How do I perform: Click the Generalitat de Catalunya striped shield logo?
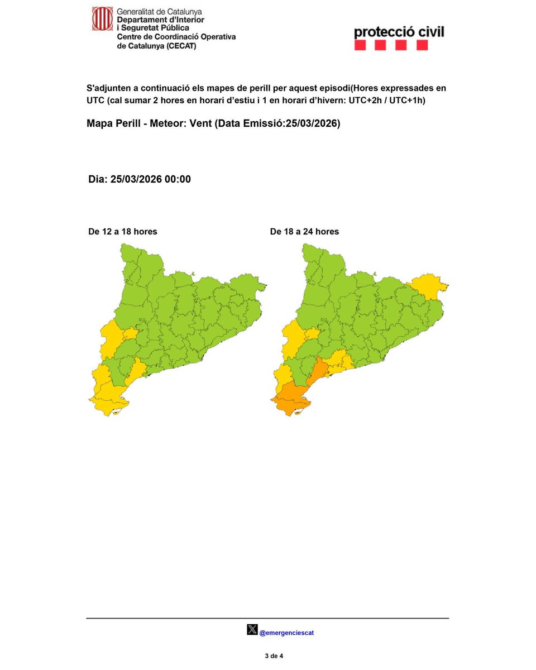click(x=102, y=19)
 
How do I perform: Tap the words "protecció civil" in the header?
click(x=399, y=32)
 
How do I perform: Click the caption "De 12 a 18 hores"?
click(x=123, y=231)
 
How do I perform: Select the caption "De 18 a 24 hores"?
click(x=304, y=231)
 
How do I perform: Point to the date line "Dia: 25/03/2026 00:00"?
click(x=140, y=179)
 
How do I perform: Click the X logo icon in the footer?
click(x=252, y=630)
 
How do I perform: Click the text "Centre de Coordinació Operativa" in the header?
click(x=176, y=36)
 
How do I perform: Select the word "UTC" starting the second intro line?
click(x=95, y=100)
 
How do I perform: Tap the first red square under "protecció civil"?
click(x=360, y=45)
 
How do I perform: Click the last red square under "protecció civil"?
click(x=422, y=45)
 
